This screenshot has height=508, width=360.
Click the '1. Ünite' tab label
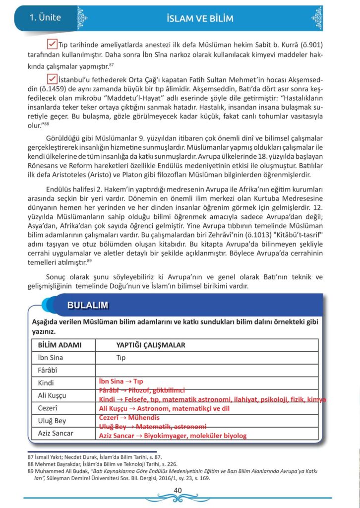pyautogui.click(x=46, y=18)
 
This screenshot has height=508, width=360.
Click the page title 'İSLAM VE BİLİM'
pyautogui.click(x=200, y=19)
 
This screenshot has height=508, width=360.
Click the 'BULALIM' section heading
pyautogui.click(x=88, y=305)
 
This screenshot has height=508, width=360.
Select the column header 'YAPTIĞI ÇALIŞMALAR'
pyautogui.click(x=151, y=345)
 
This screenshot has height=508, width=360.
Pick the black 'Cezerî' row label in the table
pyautogui.click(x=49, y=408)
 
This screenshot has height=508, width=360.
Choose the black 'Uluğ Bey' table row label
pyautogui.click(x=52, y=421)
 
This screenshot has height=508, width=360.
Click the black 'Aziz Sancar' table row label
pyautogui.click(x=56, y=433)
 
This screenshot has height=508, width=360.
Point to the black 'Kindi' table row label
pyautogui.click(x=46, y=382)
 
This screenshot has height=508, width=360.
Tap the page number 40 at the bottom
pyautogui.click(x=179, y=491)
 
